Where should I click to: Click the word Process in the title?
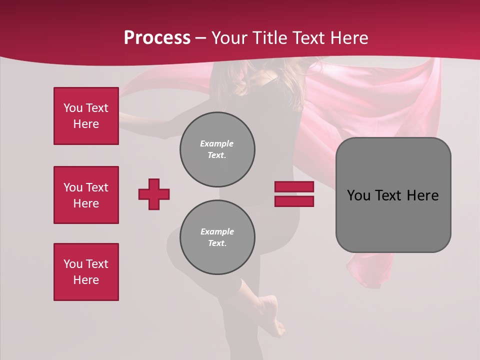(157, 38)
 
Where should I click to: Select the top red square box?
(86, 116)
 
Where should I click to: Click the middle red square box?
(86, 195)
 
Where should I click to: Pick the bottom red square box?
(86, 272)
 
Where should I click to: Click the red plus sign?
(154, 194)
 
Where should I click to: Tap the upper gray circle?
(217, 149)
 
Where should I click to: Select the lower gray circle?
(217, 237)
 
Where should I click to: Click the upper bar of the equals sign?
(294, 186)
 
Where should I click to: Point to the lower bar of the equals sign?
(294, 201)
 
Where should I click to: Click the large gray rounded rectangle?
(393, 195)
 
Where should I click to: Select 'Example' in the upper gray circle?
(216, 143)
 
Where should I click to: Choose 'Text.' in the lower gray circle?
(217, 243)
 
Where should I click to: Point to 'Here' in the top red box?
(86, 124)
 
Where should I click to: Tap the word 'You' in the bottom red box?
(73, 264)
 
